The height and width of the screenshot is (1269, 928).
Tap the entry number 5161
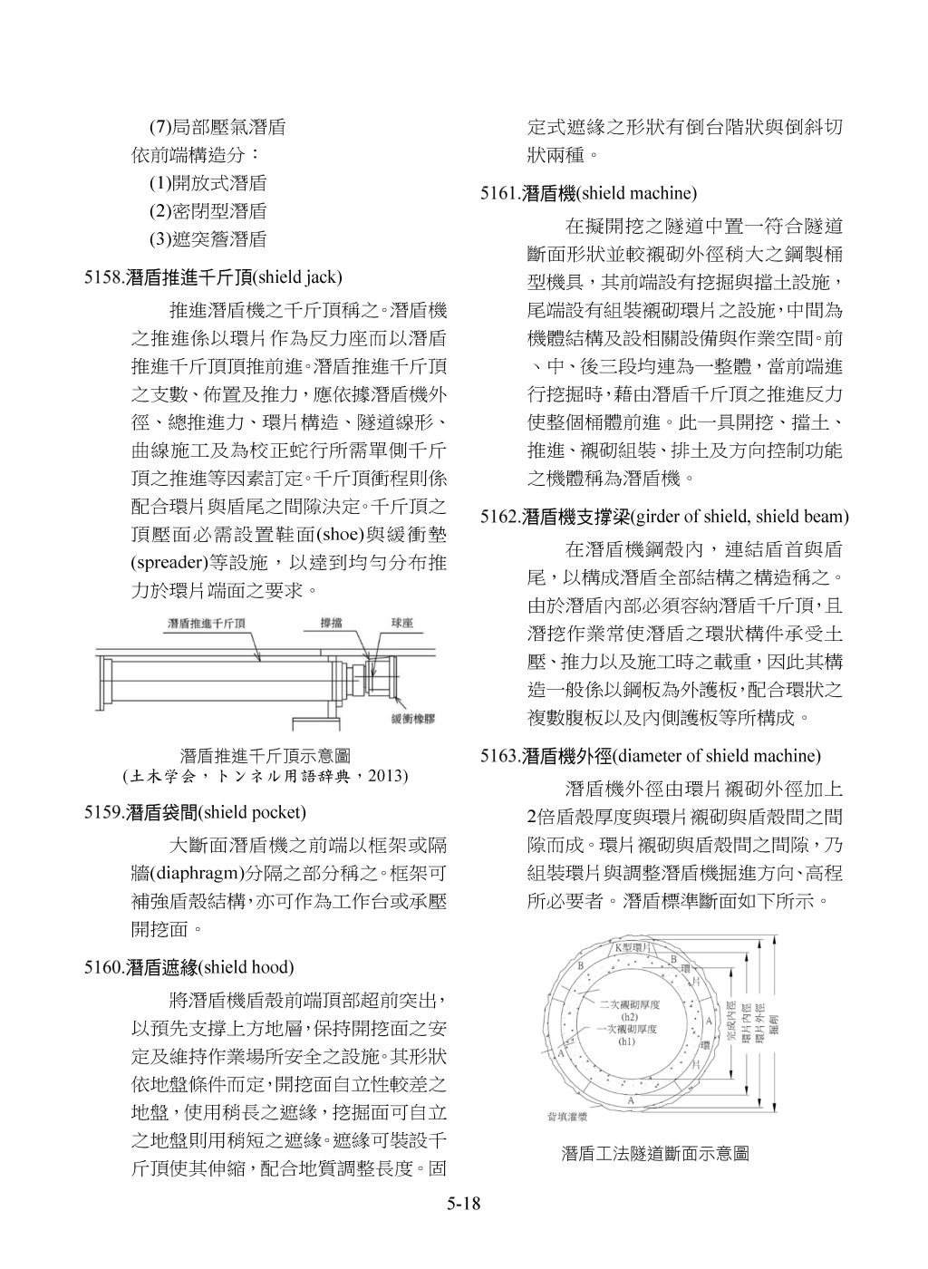pyautogui.click(x=501, y=193)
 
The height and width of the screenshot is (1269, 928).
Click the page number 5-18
pyautogui.click(x=463, y=1204)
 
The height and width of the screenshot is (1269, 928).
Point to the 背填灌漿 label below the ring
pyautogui.click(x=554, y=1117)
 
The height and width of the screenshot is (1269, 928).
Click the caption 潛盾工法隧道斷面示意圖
pyautogui.click(x=655, y=1154)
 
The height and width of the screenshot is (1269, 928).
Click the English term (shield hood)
pyautogui.click(x=246, y=968)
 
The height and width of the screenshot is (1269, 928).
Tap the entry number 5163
pyautogui.click(x=501, y=755)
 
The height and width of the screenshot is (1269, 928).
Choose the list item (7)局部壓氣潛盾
pyautogui.click(x=217, y=128)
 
